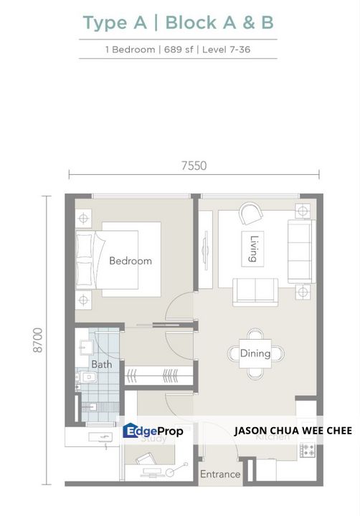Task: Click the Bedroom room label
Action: point(131,261)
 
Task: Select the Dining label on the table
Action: point(255,353)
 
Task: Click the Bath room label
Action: point(101,364)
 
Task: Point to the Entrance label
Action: point(220,474)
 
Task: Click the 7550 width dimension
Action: point(193,166)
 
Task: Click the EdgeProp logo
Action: point(153,431)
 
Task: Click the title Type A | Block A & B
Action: point(179,22)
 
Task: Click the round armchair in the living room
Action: point(251,213)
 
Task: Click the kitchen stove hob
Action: point(308,451)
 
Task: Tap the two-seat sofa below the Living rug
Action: point(255,290)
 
